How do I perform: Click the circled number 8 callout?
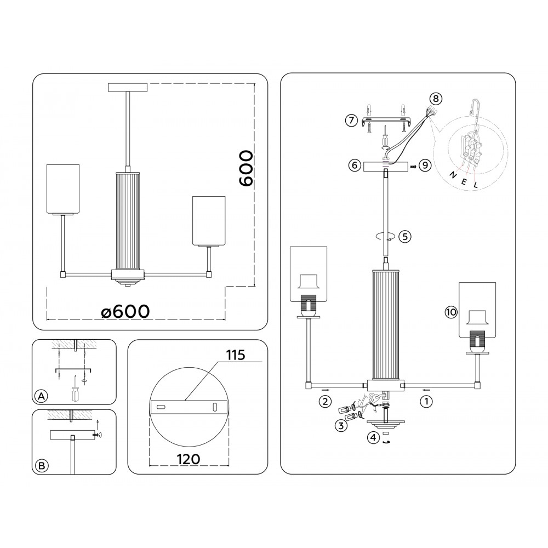click(x=435, y=99)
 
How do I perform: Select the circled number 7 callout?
click(x=352, y=120)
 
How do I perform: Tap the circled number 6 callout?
click(x=353, y=165)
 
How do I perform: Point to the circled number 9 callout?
click(x=424, y=165)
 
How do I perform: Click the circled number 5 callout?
click(x=404, y=237)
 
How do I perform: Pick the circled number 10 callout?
click(x=450, y=312)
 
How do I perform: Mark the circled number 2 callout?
click(x=325, y=401)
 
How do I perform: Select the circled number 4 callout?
click(x=373, y=437)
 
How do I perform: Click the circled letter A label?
click(x=41, y=396)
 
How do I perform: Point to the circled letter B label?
click(x=41, y=466)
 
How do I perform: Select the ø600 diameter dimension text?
click(x=125, y=311)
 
